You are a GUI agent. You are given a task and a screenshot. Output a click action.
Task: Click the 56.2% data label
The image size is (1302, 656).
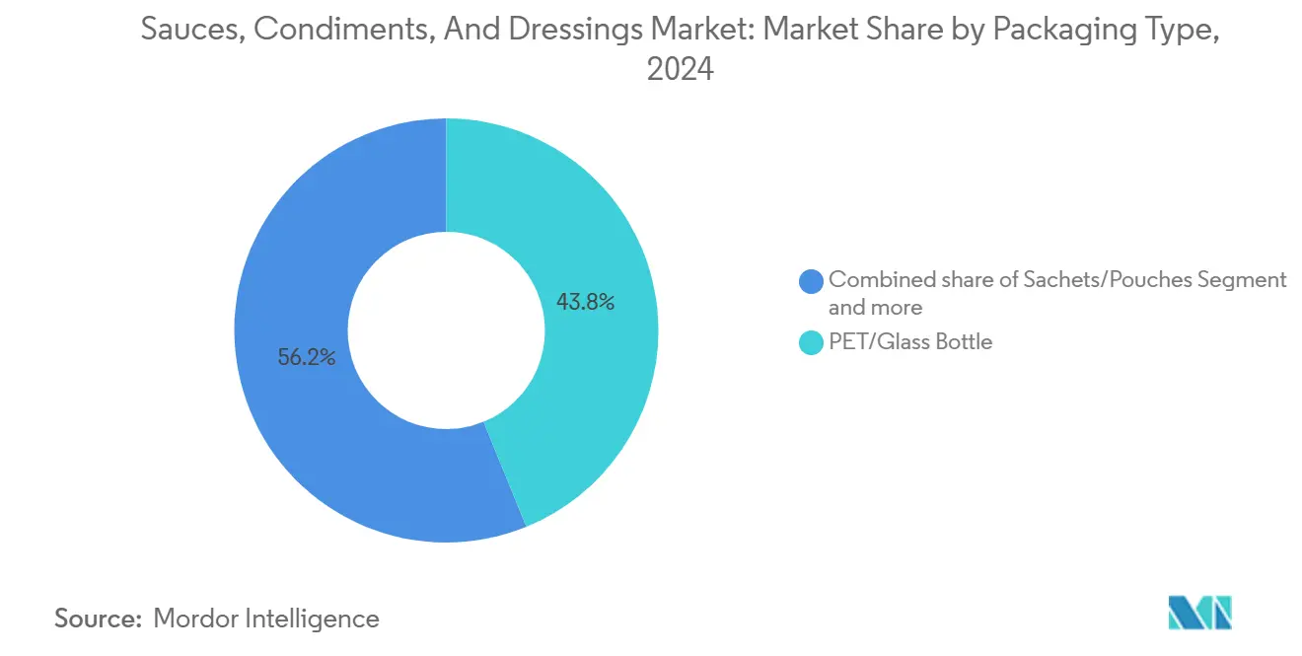coord(306,358)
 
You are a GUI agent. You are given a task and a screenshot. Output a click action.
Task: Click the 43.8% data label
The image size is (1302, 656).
coord(585,303)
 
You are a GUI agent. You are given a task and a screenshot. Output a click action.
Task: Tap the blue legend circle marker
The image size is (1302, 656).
coord(811,281)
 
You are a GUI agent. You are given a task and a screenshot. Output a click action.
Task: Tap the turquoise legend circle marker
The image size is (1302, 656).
coord(811,342)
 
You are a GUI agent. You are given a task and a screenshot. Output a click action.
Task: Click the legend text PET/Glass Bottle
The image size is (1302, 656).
coord(909,342)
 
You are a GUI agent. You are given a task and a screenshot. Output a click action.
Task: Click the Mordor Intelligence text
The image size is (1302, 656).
coord(266,619)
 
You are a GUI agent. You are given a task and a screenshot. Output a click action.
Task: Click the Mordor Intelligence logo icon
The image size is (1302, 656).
coord(1199,613)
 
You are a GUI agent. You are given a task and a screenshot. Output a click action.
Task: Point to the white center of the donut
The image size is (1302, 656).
coord(446,329)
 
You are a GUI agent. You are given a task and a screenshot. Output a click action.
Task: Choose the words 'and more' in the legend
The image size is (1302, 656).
coord(875,308)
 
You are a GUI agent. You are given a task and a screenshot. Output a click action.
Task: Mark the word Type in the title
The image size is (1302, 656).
coord(1180,30)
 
